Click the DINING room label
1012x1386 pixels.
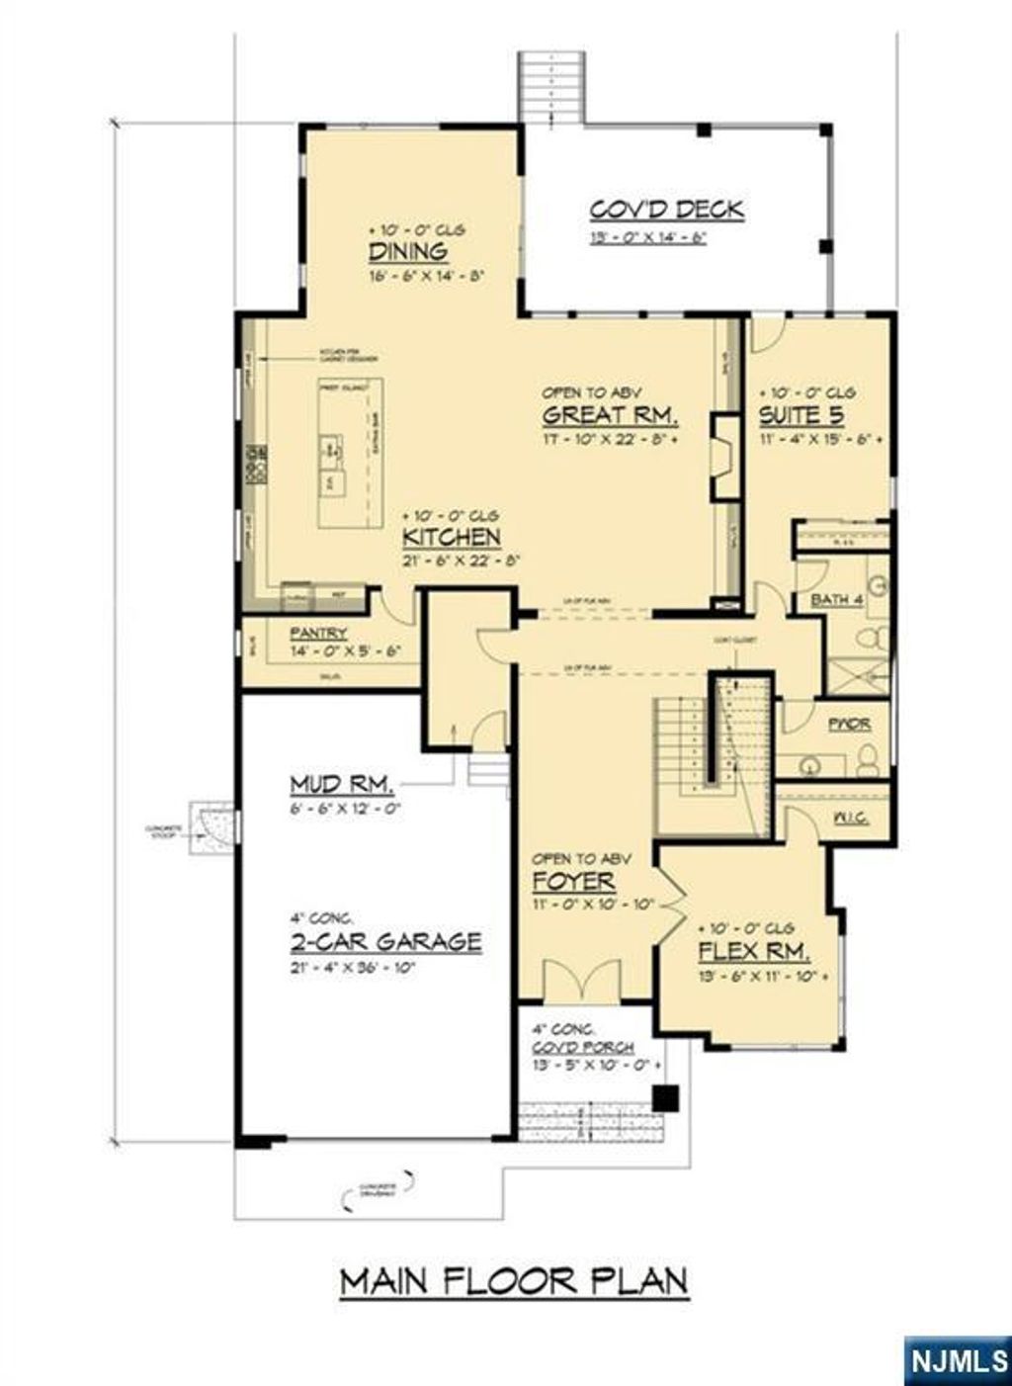pos(407,251)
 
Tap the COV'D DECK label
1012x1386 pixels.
pos(667,210)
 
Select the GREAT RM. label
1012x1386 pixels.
pos(610,414)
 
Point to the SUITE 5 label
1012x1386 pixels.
pos(801,414)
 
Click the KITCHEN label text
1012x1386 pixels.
pos(451,537)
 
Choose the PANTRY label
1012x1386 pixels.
pos(317,633)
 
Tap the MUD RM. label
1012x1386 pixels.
pos(342,785)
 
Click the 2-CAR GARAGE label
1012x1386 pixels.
pos(386,941)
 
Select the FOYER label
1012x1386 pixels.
pos(573,881)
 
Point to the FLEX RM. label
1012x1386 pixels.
pos(754,952)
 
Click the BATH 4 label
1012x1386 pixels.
pos(837,600)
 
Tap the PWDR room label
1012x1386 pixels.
pos(850,725)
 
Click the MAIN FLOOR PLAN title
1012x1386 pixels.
pos(514,1281)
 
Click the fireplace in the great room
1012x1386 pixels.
pos(726,456)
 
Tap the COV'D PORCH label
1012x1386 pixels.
pos(583,1047)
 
